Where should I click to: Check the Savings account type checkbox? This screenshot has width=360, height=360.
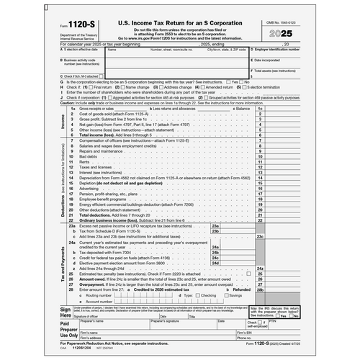[227, 294]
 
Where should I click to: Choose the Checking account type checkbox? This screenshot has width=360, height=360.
[197, 294]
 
